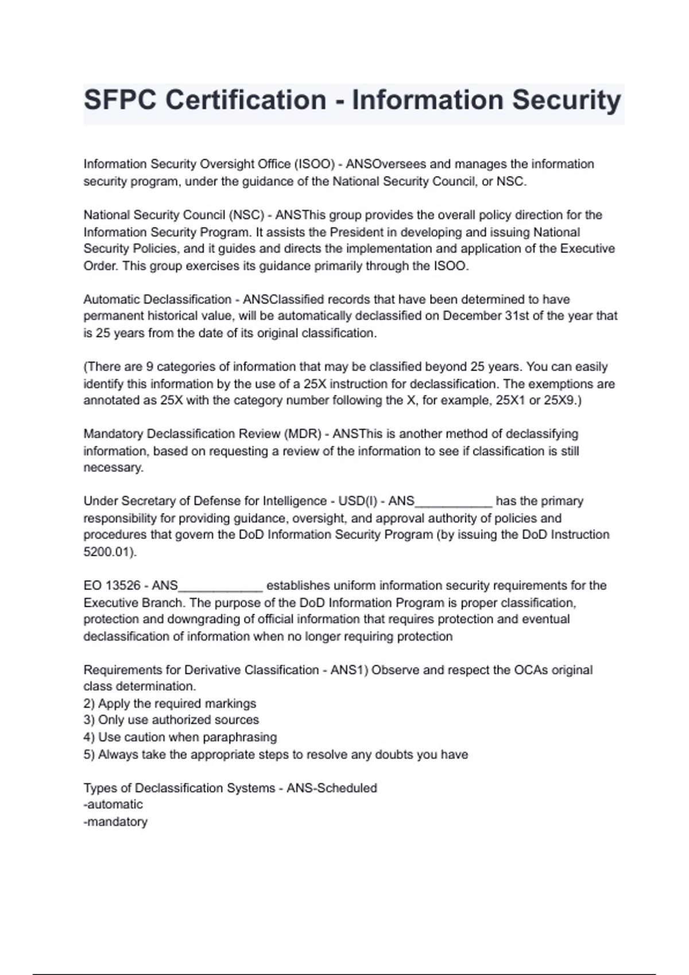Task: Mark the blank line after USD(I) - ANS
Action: point(454,502)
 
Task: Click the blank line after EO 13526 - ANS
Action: point(221,587)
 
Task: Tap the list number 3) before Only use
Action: point(89,720)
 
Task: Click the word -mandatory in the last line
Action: point(115,821)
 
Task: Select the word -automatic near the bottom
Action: point(113,804)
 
